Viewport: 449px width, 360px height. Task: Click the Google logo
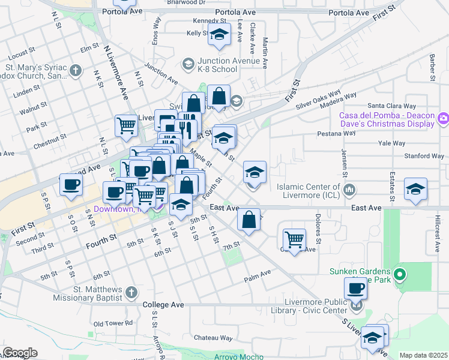point(20,353)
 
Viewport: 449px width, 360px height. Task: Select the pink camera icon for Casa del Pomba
point(444,118)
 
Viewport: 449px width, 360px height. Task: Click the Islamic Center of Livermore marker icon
point(350,191)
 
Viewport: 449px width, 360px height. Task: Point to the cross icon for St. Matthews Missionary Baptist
point(132,293)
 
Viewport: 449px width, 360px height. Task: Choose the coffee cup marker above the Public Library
point(355,288)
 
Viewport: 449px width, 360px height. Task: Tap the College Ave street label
point(163,305)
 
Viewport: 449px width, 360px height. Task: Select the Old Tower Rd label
point(113,323)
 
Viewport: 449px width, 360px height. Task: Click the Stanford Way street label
point(424,157)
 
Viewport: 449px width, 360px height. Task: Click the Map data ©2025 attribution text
point(423,355)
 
